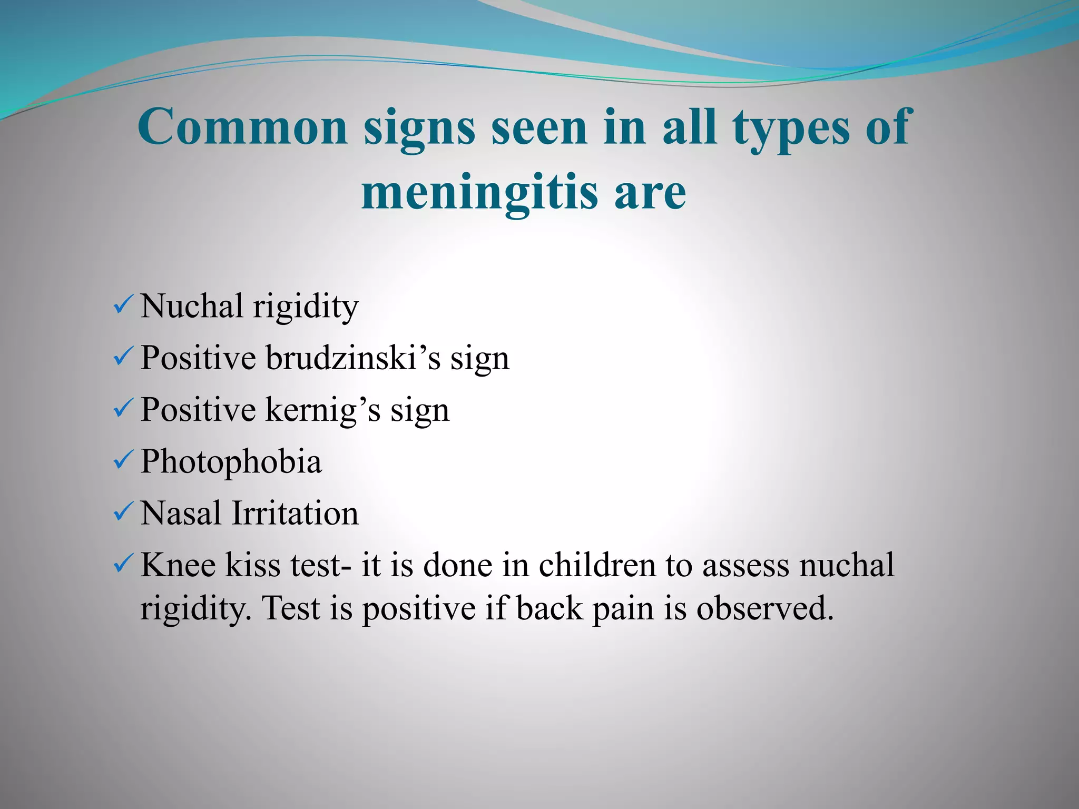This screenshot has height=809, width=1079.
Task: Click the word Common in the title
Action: coord(242,127)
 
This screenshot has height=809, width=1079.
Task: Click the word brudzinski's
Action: coord(352,358)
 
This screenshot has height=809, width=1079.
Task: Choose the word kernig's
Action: coord(322,409)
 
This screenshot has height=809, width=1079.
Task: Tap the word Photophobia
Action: coord(231,461)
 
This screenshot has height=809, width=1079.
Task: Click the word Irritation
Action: coord(295,513)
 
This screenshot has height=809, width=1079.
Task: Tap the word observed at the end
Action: coord(765,608)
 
